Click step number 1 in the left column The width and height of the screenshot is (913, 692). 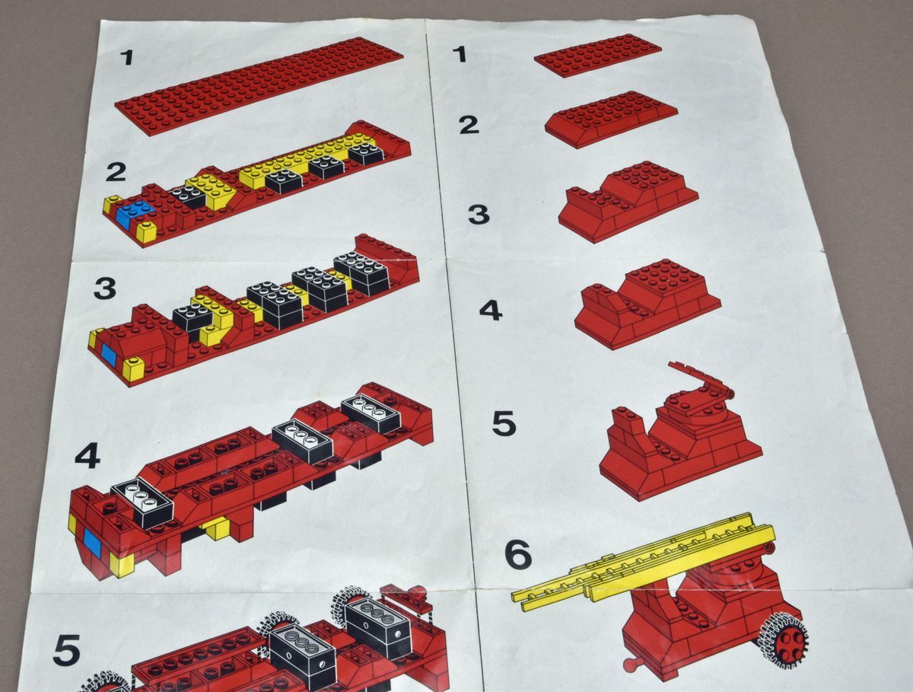(x=126, y=57)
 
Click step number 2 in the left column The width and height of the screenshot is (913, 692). (x=116, y=172)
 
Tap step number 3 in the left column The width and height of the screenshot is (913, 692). (x=105, y=289)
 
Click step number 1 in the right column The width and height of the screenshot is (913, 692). (x=460, y=54)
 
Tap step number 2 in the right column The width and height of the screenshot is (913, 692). (x=469, y=125)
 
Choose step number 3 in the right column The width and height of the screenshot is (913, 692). (x=479, y=215)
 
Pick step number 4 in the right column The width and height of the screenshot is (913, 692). (x=491, y=311)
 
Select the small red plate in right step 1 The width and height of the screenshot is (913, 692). (x=597, y=56)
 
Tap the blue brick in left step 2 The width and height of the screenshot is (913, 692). (x=134, y=215)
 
